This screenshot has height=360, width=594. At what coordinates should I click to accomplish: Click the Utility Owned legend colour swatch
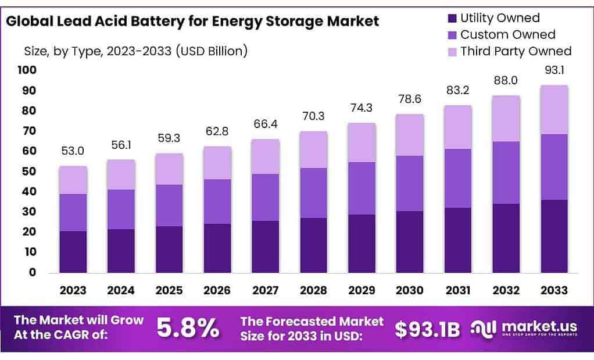[451, 18]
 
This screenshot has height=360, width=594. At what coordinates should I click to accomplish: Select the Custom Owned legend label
[507, 34]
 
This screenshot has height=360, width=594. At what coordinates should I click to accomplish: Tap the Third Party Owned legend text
[516, 51]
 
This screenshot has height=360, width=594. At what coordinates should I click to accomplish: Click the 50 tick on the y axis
[29, 172]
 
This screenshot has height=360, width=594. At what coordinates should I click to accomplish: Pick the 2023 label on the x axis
[73, 290]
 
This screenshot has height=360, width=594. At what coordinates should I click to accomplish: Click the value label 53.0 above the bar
[73, 151]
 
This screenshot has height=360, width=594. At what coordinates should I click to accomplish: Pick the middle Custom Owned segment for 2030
[410, 183]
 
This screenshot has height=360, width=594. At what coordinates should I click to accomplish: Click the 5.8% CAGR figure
[188, 329]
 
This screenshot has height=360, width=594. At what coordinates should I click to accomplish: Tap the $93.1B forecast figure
[427, 329]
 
